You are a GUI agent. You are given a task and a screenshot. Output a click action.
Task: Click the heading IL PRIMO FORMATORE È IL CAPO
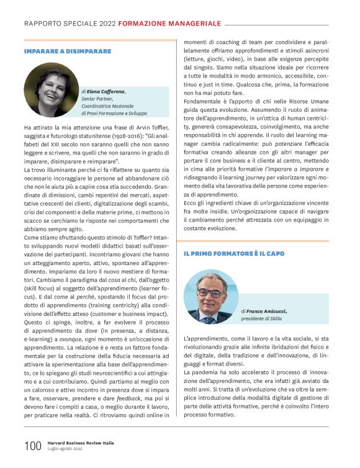point(233,254)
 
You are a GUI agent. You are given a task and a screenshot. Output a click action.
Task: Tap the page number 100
point(32,446)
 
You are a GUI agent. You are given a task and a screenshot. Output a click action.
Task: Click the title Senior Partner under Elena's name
point(99,98)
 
